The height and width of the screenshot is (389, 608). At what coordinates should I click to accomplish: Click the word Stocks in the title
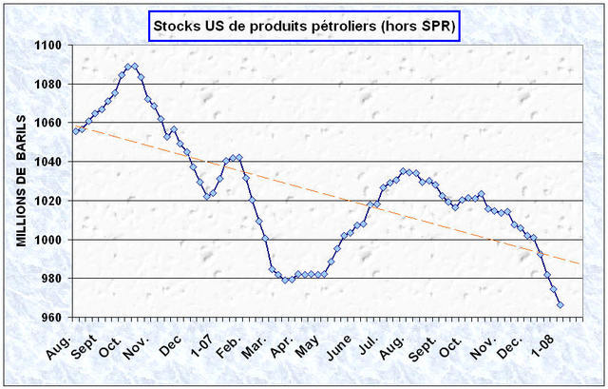point(176,27)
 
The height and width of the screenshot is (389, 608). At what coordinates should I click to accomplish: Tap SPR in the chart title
point(436,27)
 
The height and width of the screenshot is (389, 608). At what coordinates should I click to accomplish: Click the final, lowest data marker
point(560,304)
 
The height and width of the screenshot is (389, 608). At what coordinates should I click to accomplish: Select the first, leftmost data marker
point(76,130)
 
